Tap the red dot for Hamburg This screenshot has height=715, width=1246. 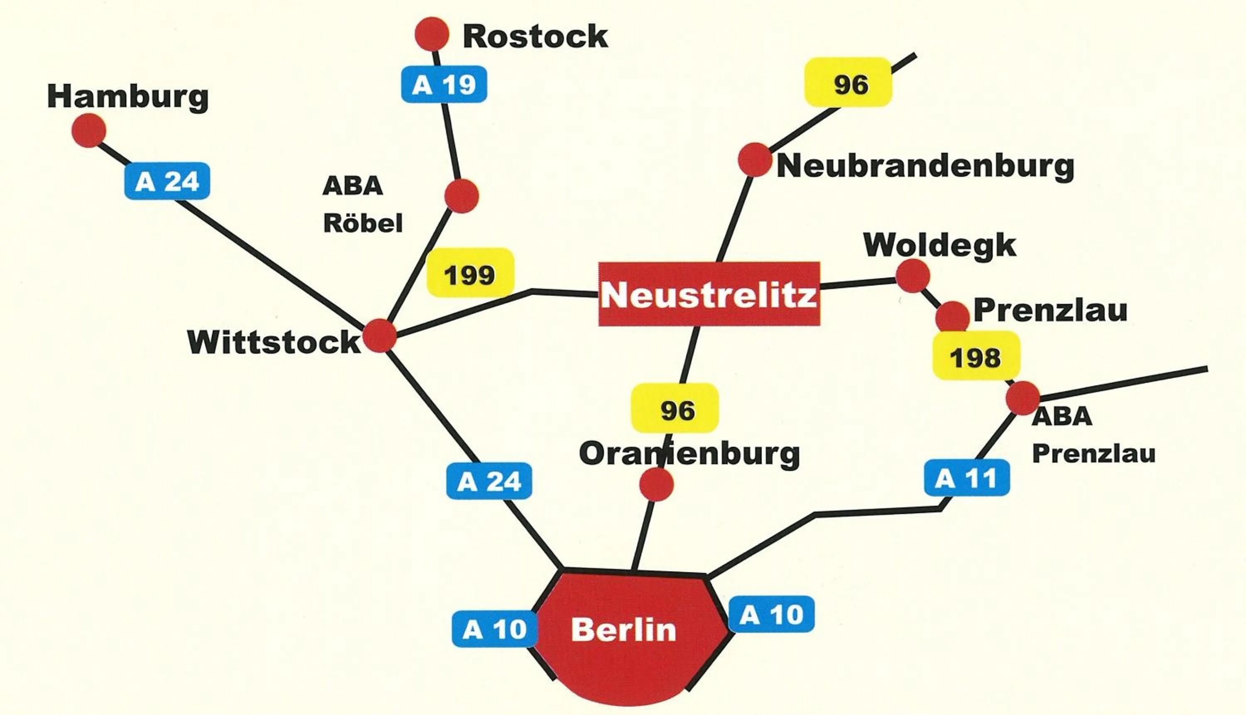pos(89,130)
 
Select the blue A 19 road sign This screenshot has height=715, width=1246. pos(444,84)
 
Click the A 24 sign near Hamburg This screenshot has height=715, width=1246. pos(167,181)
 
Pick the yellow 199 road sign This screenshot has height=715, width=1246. pos(470,273)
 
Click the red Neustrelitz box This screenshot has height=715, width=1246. pos(709,294)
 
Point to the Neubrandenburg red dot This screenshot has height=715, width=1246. pos(754,159)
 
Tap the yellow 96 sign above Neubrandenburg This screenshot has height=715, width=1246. pos(848,83)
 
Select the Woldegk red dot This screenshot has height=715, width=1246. pos(912,276)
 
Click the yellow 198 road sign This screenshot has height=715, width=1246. pos(976,356)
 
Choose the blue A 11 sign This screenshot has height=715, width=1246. pos(966,478)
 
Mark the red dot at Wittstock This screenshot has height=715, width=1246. pos(379,335)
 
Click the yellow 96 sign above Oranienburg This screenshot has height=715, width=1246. pos(675,409)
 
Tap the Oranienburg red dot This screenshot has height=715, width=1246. pos(656,484)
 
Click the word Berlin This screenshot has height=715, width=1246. pos(623,629)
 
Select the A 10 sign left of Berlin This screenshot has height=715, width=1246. pos(494,629)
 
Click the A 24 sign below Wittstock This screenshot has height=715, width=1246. pos(489,481)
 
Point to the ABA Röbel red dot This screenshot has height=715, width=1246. pos(461,196)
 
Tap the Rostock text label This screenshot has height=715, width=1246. pos(535,37)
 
